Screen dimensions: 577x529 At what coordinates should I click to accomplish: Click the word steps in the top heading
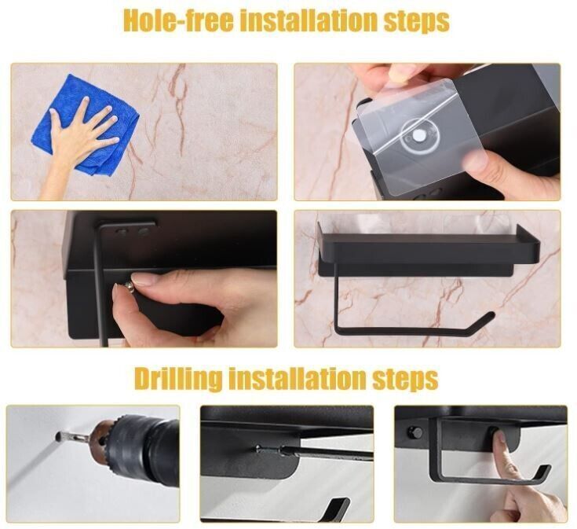pyautogui.click(x=417, y=23)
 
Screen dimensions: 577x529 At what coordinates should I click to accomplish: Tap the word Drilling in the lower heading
pyautogui.click(x=179, y=379)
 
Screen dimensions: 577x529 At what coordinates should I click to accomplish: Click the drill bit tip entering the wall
pyautogui.click(x=58, y=437)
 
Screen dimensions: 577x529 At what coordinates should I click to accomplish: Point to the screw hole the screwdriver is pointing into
pyautogui.click(x=259, y=448)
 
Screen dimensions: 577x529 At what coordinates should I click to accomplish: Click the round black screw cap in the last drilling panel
pyautogui.click(x=414, y=432)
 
